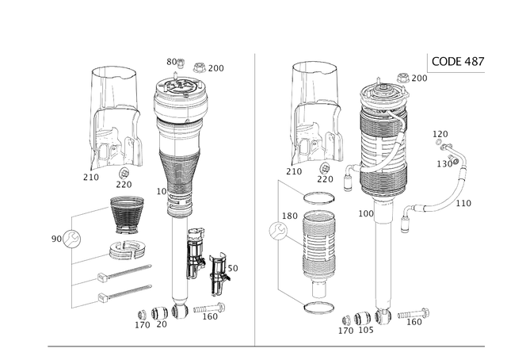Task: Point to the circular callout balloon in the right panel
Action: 276,232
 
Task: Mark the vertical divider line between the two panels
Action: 254,198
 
